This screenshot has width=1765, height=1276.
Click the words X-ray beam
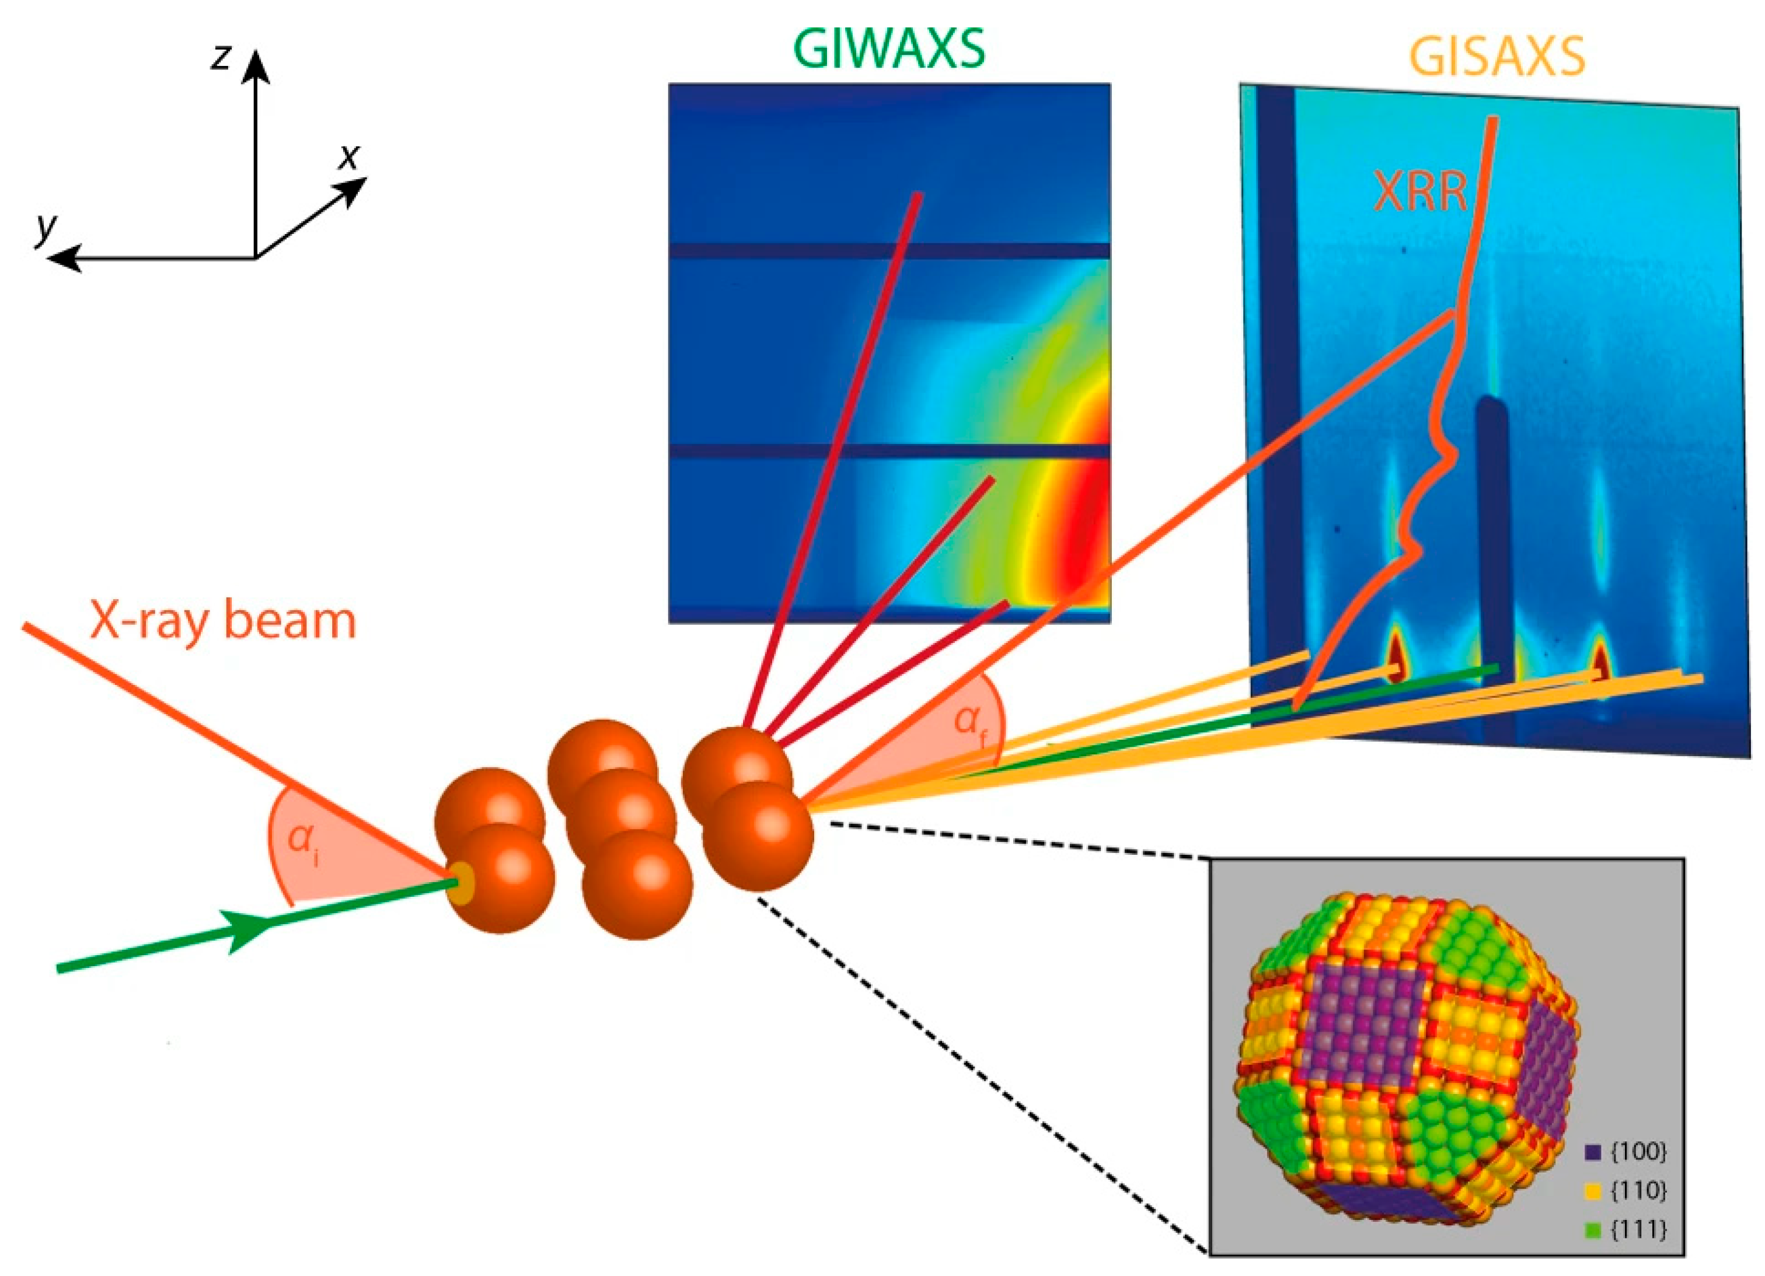(224, 621)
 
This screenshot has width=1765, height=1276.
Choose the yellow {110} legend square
(1593, 1190)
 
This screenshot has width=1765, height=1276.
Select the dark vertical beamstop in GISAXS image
(1492, 537)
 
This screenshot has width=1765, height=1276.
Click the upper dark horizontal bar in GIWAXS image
(889, 250)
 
